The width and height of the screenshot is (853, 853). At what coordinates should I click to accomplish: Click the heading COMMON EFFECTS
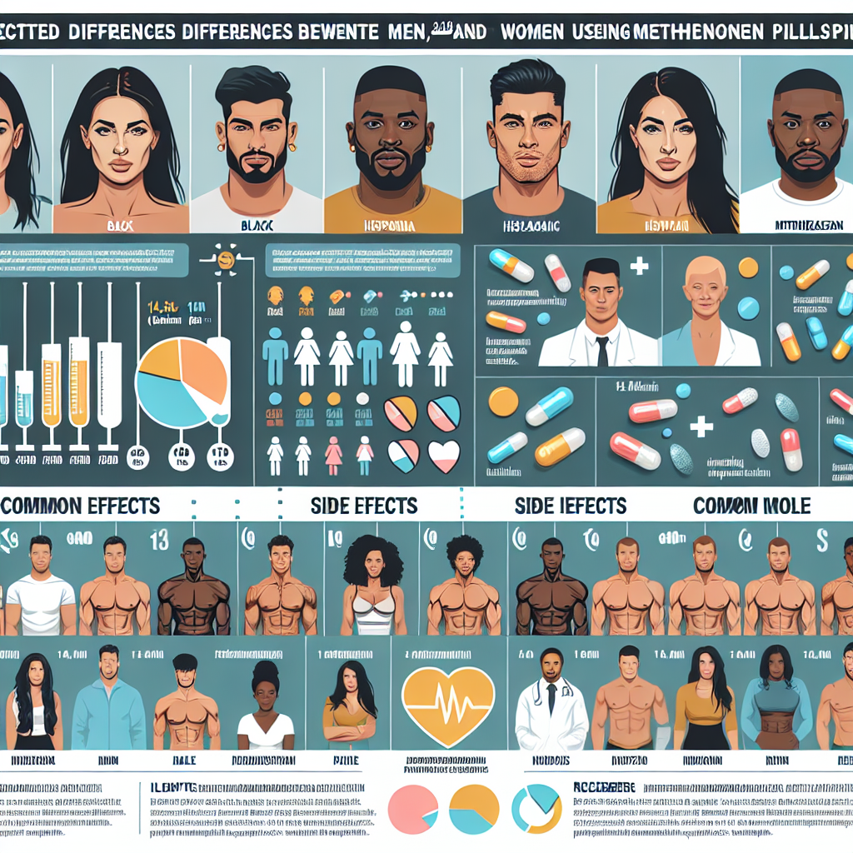[x=81, y=506]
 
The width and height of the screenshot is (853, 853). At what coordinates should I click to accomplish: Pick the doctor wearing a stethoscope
[x=546, y=696]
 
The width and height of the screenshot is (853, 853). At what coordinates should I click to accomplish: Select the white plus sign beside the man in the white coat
[x=639, y=267]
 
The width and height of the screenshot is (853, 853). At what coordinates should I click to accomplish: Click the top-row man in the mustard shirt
[x=392, y=150]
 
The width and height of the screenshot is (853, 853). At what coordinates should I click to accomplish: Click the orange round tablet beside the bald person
[x=748, y=267]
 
